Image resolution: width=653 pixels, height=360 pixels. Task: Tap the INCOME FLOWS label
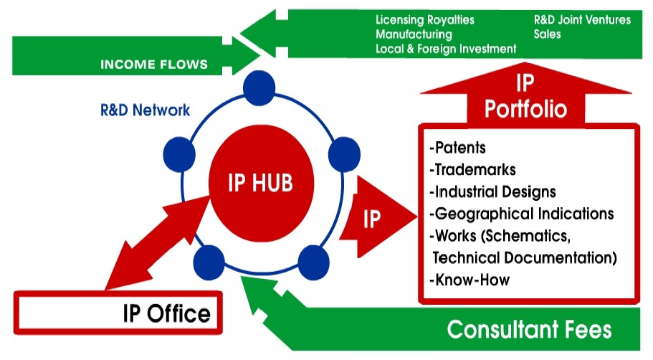154,65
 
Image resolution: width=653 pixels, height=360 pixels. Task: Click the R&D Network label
146,110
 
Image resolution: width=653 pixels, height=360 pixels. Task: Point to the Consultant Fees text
529,329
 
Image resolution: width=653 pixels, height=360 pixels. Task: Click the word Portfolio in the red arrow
525,109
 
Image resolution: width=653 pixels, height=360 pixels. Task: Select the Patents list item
457,148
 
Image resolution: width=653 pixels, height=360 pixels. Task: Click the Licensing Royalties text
425,20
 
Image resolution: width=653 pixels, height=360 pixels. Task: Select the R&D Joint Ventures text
582,20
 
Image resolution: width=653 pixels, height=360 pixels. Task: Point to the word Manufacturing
414,34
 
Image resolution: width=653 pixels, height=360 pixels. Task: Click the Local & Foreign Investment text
446,49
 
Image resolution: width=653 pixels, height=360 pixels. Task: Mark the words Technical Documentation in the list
525,257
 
